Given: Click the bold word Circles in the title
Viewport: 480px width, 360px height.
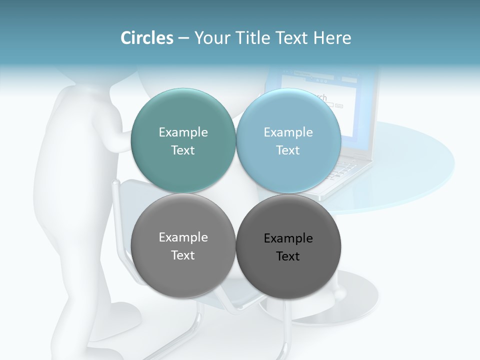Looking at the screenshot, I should [x=146, y=38].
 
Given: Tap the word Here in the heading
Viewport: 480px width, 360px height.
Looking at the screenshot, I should [x=332, y=38].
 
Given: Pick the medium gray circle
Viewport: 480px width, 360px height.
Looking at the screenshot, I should [x=183, y=272].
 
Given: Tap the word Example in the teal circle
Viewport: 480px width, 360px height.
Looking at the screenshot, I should [x=183, y=132].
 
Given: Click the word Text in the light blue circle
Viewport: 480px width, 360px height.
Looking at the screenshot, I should [x=288, y=150].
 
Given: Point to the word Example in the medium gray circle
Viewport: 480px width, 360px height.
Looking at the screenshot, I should [x=183, y=237].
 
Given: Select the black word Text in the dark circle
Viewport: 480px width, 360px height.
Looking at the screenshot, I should [x=288, y=256].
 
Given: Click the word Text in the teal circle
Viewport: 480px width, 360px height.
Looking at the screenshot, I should [x=183, y=150].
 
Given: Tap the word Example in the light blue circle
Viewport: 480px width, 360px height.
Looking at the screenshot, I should [x=288, y=132].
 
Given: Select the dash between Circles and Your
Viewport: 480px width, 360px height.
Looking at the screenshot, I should [x=183, y=38].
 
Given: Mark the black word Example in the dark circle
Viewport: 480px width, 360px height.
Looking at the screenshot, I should [x=288, y=238].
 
